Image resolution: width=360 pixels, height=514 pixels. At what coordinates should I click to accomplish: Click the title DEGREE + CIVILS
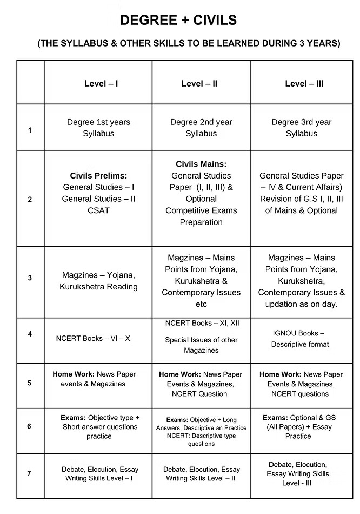pos(178,21)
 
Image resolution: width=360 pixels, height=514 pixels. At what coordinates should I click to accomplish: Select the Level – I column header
pos(101,84)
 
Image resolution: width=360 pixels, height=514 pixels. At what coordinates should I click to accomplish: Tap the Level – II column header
pos(199,84)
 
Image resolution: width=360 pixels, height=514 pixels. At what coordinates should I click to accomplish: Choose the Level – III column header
pos(304,84)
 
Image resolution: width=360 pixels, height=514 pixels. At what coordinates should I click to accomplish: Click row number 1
pos(30,130)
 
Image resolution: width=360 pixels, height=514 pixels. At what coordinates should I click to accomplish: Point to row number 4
pos(30,334)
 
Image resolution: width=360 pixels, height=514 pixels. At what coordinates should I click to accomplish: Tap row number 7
pos(29,473)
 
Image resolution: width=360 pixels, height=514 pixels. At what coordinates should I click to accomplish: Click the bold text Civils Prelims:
pos(98,176)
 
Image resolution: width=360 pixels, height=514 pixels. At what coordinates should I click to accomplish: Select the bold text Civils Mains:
pos(201,164)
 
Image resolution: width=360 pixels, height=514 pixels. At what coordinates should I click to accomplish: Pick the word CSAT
pos(98,210)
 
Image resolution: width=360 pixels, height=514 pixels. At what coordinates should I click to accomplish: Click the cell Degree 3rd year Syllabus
pos(302,128)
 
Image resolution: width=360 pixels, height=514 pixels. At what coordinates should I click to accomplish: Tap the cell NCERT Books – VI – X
pos(93,339)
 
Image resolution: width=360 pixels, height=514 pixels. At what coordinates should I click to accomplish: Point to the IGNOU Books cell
pos(299,339)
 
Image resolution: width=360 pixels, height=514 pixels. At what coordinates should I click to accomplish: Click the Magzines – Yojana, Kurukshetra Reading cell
pos(98,281)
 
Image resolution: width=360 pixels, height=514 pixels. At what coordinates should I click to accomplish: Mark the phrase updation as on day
pos(302,304)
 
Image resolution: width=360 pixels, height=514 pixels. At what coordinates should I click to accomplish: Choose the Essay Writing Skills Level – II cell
pos(202,473)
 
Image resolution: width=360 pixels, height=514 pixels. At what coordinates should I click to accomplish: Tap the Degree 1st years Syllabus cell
pos(98,128)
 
